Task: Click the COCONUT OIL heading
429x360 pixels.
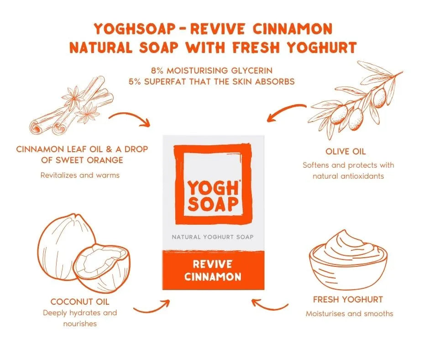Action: (80, 302)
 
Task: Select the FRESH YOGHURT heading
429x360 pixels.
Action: (348, 300)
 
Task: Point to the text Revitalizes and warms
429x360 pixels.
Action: (80, 175)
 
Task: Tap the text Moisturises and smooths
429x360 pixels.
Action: (349, 313)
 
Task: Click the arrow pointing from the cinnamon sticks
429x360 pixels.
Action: (130, 119)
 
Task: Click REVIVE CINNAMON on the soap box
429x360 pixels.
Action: (214, 270)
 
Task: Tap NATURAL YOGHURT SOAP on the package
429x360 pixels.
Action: (213, 237)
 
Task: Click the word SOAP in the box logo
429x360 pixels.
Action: (213, 204)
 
